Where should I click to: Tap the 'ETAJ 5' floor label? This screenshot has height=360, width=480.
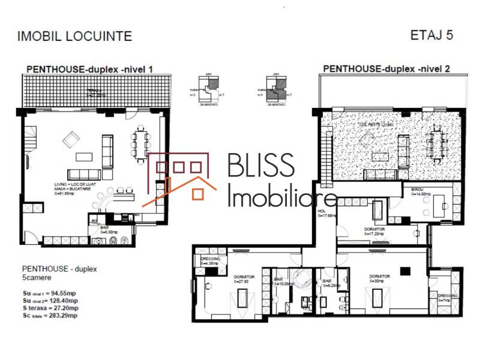click(x=431, y=35)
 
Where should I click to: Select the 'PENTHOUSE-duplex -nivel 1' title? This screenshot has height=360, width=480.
click(x=89, y=70)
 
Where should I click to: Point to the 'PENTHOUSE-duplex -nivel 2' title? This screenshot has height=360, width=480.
click(x=386, y=68)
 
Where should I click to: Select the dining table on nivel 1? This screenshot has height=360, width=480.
click(x=142, y=145)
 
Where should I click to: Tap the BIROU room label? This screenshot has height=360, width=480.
click(x=418, y=191)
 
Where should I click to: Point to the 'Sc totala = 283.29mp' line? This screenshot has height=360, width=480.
click(x=50, y=314)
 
